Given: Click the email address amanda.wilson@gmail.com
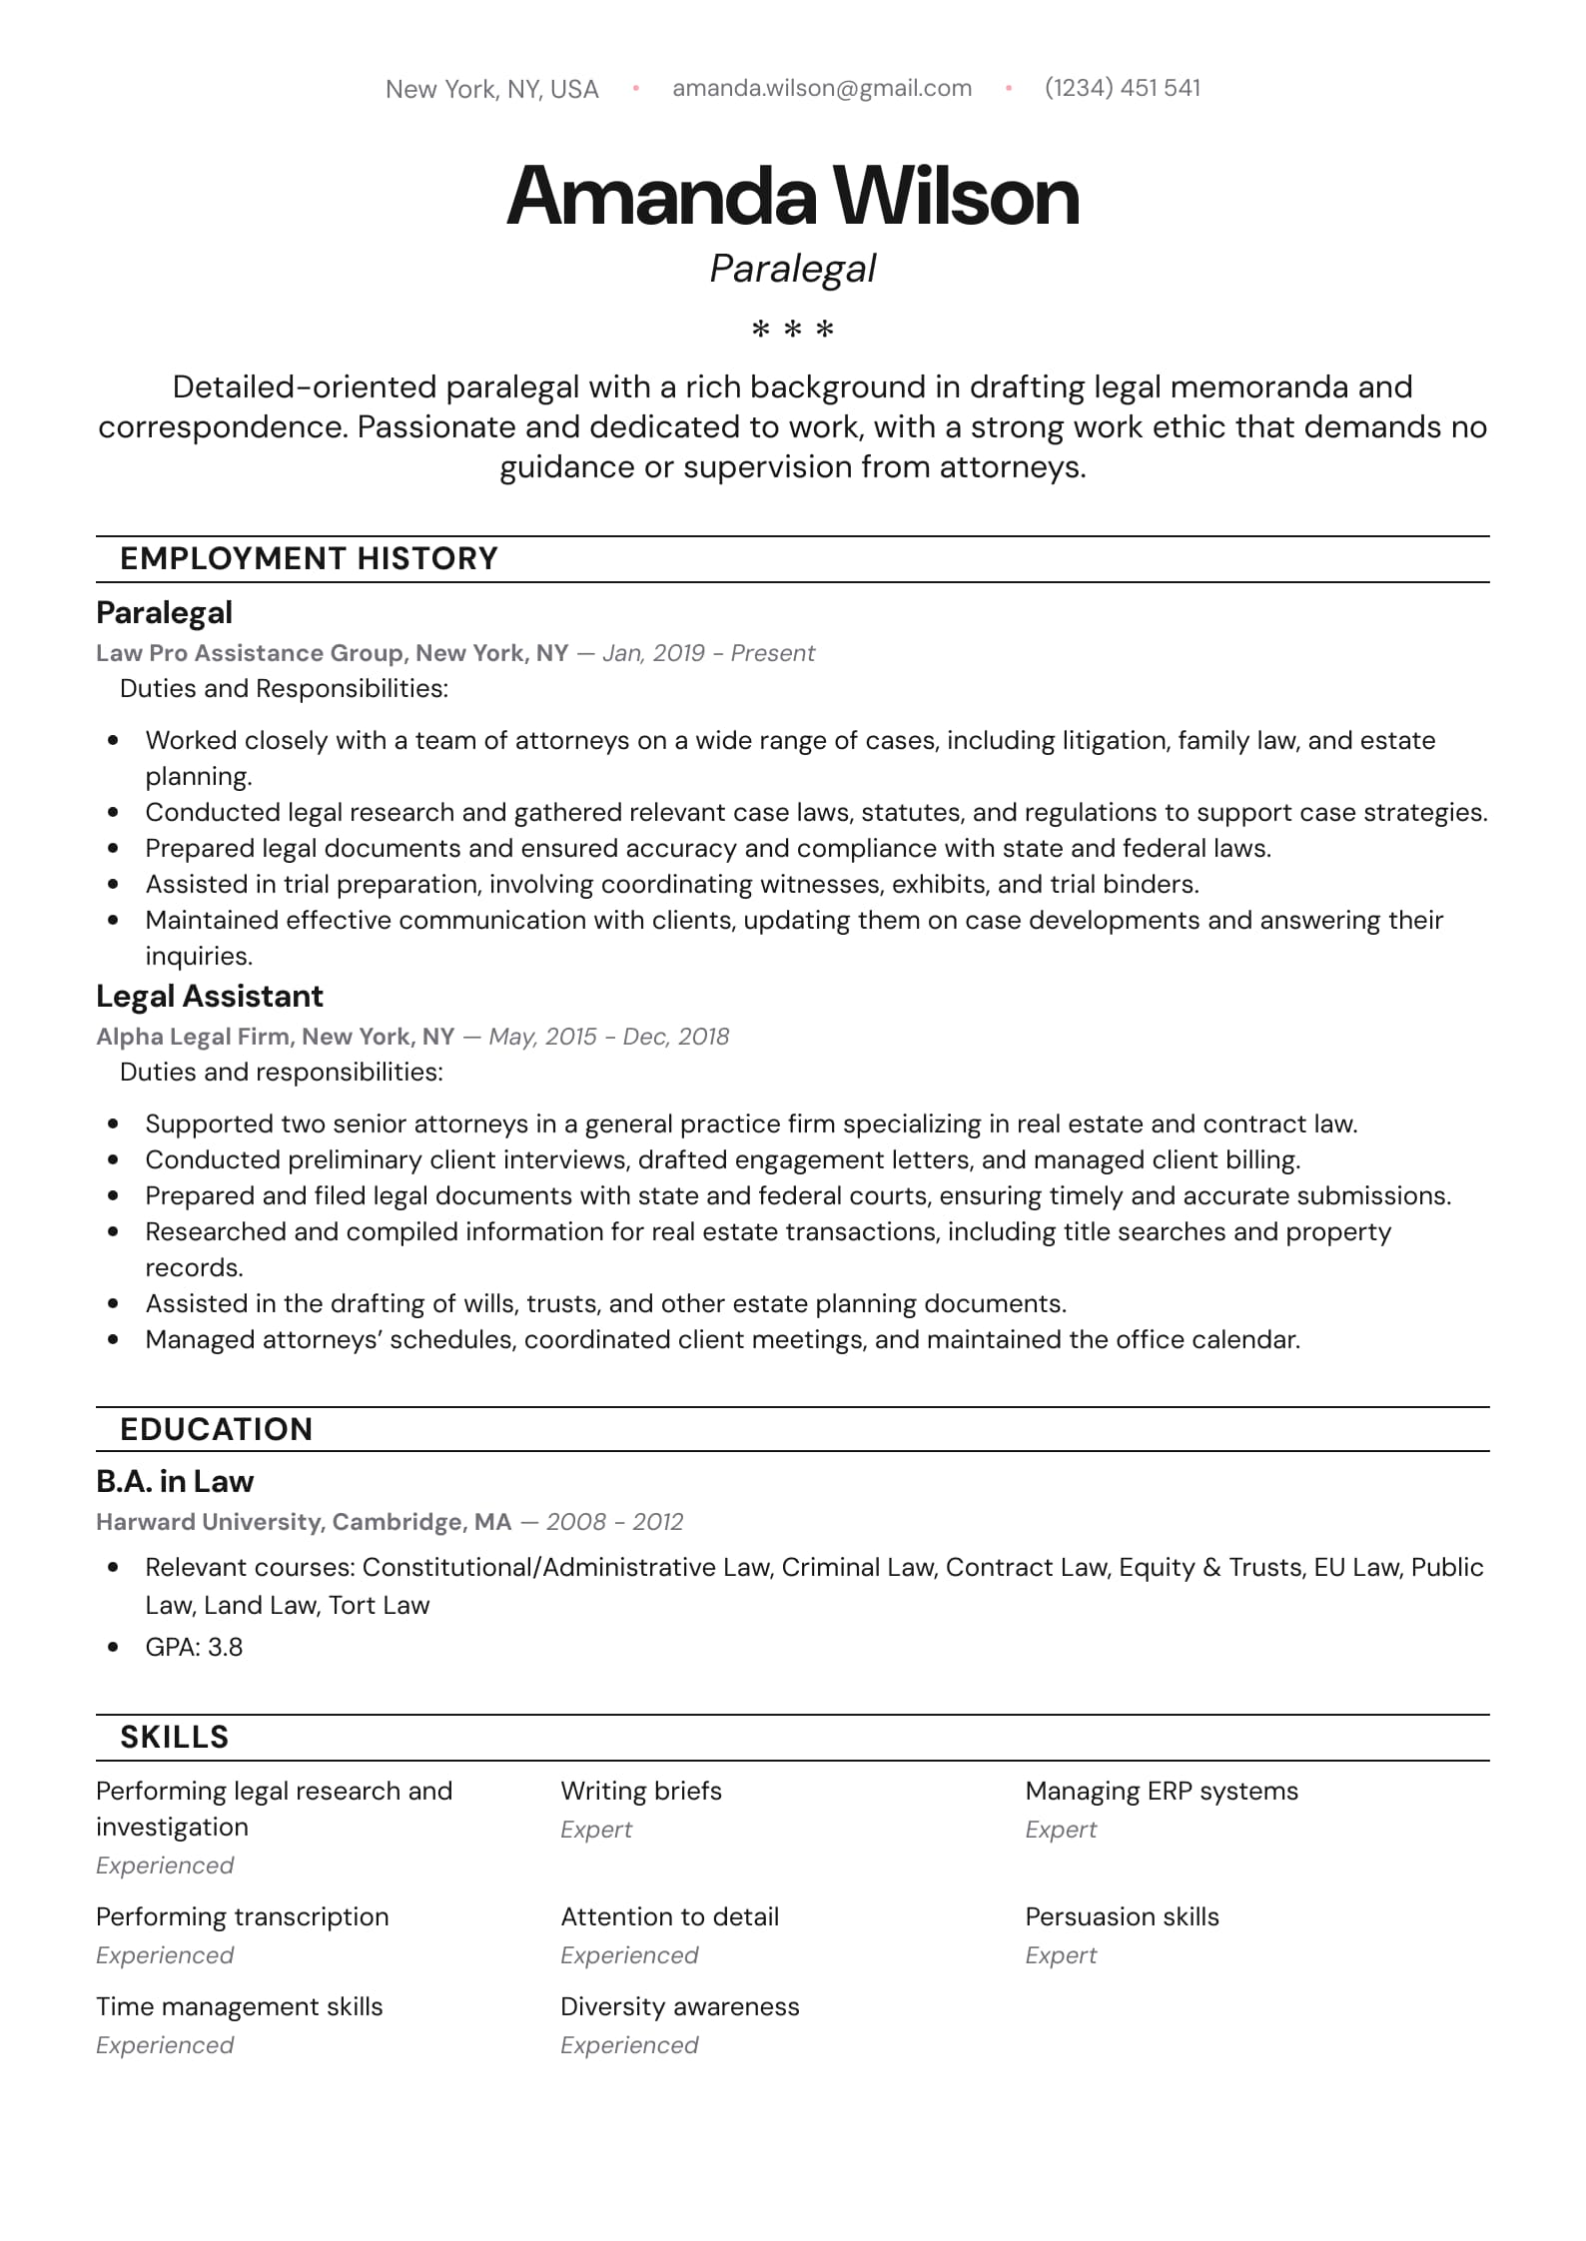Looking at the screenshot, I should coord(822,88).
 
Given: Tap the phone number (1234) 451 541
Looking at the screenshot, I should coord(1123,88).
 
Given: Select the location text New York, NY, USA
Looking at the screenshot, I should coord(492,90).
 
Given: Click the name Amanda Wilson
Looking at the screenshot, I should coord(793,196).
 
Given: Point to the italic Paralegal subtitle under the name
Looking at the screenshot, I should coord(793,269).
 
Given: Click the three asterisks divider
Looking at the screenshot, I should coord(793,329).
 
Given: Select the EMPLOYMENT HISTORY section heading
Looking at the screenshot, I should coord(309,558).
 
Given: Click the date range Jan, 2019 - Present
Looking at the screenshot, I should coord(709,653).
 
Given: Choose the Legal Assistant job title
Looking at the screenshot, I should coord(210,996).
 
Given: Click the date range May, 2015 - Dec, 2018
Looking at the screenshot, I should coord(609,1037).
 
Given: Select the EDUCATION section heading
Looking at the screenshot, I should coord(217,1429).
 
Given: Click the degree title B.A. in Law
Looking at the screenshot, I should coord(175,1481).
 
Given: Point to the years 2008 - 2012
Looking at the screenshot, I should coord(615,1522).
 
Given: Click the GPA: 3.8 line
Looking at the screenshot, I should coord(194,1647).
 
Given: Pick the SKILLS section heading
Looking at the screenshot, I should coord(175,1737).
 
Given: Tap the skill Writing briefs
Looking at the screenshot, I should coord(641,1791).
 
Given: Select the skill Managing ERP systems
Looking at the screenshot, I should coord(1162,1791).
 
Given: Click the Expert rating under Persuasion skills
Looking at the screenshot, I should coord(1061,1955).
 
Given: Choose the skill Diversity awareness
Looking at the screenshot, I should coord(680,2006).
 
